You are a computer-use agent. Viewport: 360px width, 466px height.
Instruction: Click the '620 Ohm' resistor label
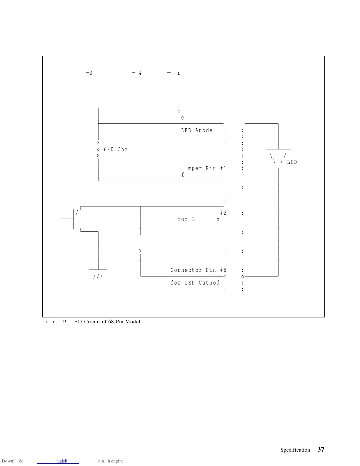(116, 149)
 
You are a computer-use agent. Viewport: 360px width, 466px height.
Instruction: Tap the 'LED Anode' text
(197, 130)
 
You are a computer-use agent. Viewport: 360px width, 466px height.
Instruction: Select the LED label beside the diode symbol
(292, 162)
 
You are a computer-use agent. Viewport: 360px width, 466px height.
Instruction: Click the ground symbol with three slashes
(98, 276)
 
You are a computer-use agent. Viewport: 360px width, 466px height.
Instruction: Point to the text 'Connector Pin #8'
(199, 270)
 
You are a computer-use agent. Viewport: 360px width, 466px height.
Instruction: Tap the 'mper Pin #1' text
(207, 168)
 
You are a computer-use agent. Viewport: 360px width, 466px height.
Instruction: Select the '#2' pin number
(223, 213)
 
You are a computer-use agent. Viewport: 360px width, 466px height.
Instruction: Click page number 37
(321, 449)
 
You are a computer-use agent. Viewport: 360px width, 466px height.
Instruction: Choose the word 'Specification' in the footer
(295, 450)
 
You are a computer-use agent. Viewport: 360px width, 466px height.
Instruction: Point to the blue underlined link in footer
(62, 461)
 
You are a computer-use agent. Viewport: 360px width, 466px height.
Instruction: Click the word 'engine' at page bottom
(117, 461)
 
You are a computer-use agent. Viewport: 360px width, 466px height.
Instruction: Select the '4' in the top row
(140, 73)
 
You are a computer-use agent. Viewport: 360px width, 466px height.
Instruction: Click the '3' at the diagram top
(91, 73)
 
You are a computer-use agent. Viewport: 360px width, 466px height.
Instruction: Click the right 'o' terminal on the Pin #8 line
(243, 277)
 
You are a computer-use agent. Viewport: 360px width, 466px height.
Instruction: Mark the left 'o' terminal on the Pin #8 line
(225, 277)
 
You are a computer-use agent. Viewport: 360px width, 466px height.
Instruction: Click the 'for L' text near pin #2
(186, 219)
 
